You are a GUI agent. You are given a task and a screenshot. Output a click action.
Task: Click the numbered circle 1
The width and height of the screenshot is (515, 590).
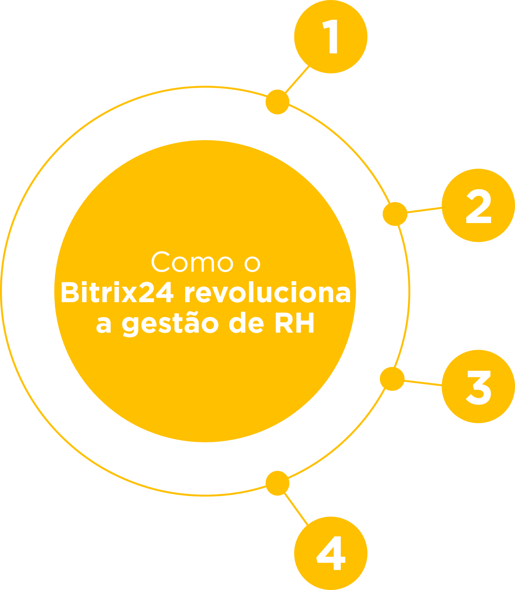tap(331, 37)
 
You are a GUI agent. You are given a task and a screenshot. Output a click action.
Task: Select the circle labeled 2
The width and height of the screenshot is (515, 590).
tap(478, 205)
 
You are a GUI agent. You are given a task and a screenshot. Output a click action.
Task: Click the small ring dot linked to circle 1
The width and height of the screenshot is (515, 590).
tap(277, 102)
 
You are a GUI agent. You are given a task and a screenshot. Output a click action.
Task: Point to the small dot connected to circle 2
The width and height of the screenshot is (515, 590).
tap(395, 214)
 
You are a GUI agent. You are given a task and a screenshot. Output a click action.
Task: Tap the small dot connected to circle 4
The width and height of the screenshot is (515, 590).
tap(277, 483)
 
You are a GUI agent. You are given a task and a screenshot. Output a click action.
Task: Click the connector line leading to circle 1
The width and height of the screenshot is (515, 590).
tap(297, 79)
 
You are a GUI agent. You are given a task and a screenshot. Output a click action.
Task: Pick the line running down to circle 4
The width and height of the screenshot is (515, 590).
tap(296, 509)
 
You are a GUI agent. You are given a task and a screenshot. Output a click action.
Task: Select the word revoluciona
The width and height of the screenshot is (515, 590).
tap(268, 292)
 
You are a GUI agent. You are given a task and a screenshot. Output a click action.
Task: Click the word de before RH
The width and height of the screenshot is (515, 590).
tap(246, 322)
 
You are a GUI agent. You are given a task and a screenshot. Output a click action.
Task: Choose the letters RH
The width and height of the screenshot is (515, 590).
tap(295, 323)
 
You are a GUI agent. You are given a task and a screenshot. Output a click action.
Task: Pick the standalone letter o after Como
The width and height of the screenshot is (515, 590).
tap(252, 264)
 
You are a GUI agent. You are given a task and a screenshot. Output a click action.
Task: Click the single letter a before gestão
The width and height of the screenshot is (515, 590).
tap(104, 325)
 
